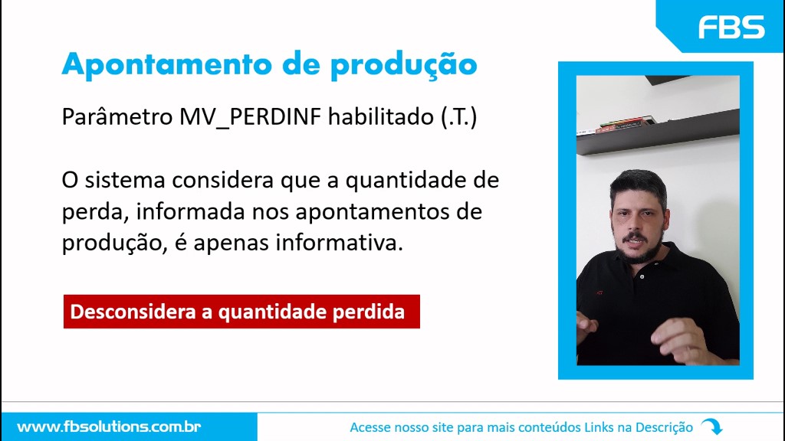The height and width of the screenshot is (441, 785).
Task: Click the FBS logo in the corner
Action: [731, 27]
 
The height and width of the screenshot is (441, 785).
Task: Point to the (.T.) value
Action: [459, 117]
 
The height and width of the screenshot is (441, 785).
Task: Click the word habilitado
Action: [381, 116]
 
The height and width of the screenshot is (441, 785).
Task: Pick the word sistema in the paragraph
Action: [125, 180]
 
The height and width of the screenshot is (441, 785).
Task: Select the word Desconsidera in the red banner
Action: [133, 312]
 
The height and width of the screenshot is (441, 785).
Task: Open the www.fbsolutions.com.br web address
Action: [109, 427]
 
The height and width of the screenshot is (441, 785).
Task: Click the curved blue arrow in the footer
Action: [712, 426]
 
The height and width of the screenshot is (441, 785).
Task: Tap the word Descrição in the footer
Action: [664, 427]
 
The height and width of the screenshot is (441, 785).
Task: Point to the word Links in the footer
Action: [598, 427]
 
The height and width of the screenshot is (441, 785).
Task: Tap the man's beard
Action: [639, 247]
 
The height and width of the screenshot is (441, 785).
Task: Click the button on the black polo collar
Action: [642, 276]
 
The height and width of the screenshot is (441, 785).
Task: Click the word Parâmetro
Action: [117, 117]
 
